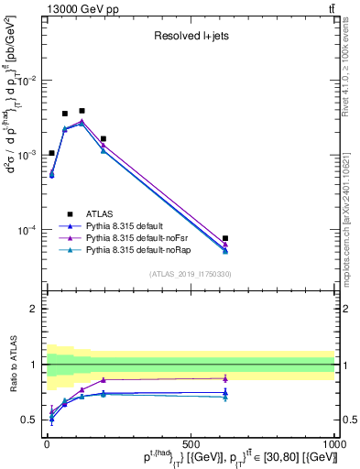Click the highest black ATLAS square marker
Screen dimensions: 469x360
82,111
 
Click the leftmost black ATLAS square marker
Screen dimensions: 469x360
51,153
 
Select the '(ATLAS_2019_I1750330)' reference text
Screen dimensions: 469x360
190,273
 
